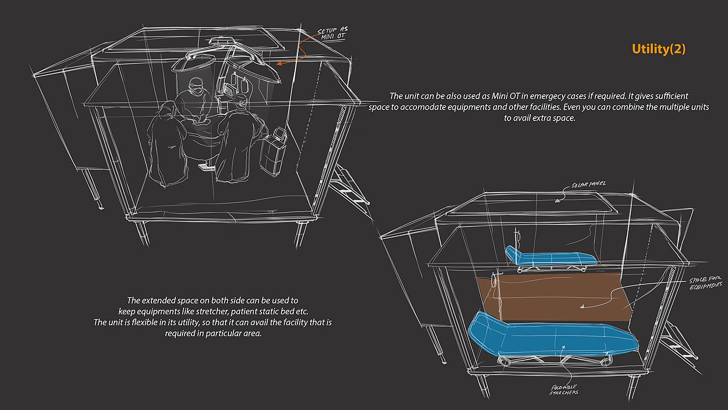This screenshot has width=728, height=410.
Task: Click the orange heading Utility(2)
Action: [x=659, y=49]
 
